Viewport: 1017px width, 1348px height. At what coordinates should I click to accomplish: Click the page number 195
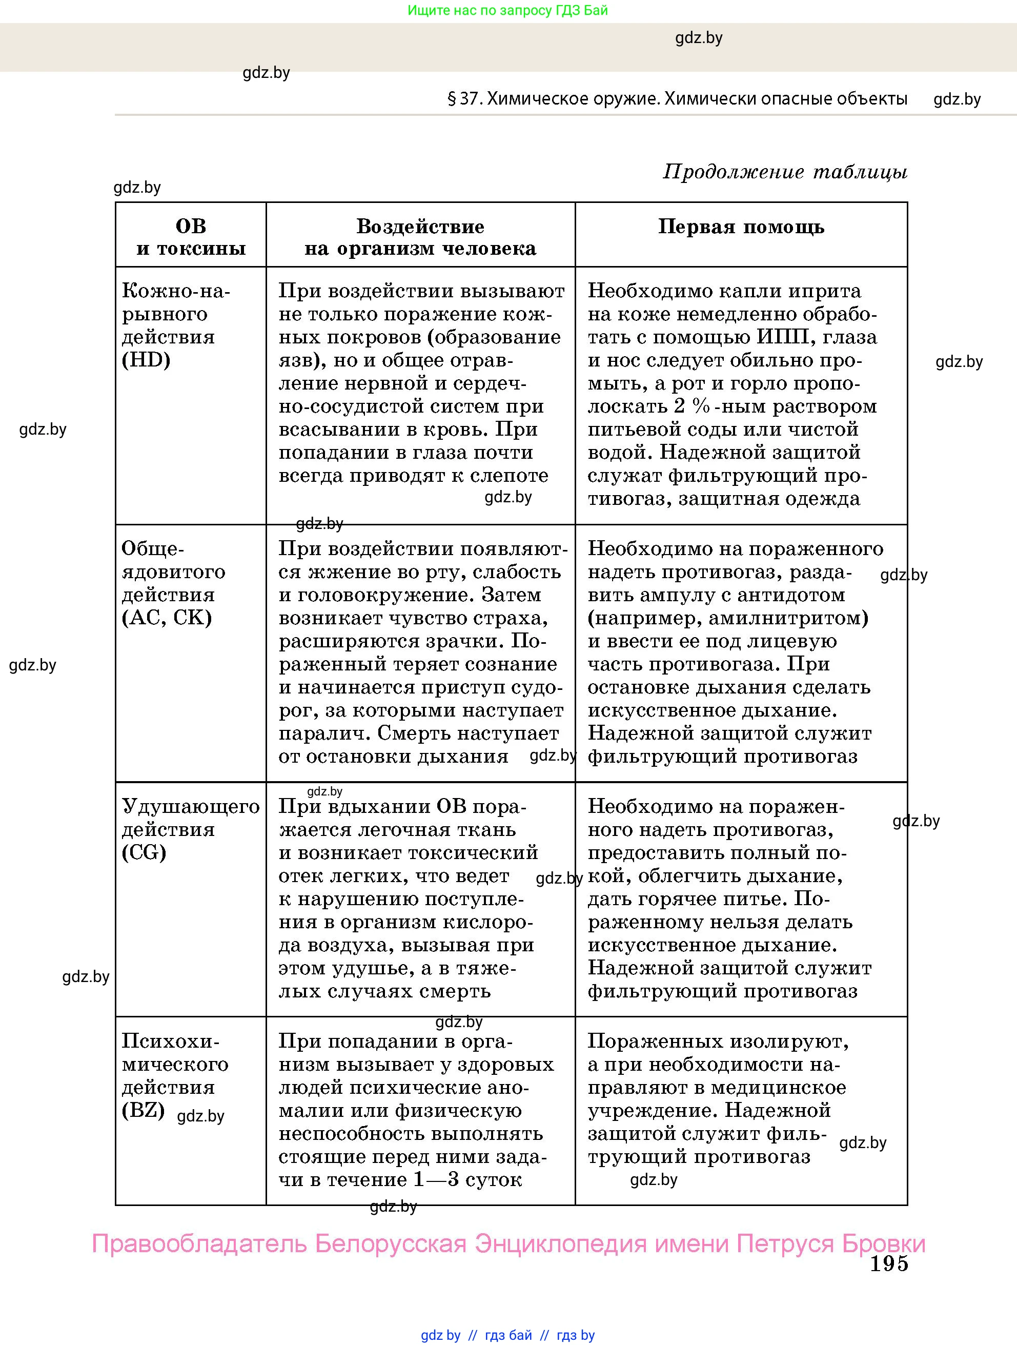pos(888,1263)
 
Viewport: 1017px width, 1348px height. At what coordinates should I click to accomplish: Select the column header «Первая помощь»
pos(741,227)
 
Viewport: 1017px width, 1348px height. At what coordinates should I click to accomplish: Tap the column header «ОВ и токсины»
pos(191,237)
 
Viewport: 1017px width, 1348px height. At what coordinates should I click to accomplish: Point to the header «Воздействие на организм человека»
pos(420,237)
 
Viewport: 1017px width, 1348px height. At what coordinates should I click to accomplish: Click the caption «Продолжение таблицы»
pos(785,172)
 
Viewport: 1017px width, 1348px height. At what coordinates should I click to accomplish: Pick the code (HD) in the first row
pos(146,360)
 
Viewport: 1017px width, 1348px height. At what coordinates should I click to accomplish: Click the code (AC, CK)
pos(167,618)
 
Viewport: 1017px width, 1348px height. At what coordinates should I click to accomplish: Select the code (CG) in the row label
pos(145,852)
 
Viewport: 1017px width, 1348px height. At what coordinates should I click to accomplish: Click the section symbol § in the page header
pos(452,99)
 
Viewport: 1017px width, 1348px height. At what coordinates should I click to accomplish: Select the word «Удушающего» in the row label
pos(191,806)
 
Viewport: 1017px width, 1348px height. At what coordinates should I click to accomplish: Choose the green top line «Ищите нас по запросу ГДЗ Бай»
pos(507,10)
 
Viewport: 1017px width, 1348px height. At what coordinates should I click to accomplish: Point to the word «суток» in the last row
pos(494,1179)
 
